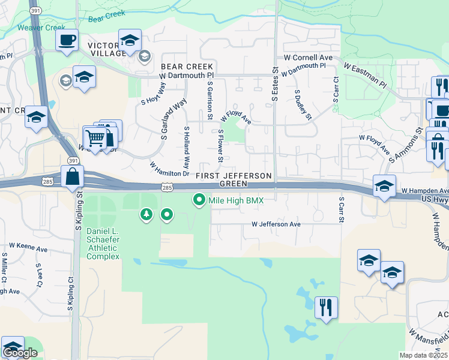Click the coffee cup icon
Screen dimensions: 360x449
point(67,40)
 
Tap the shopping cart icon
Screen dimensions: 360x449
point(94,138)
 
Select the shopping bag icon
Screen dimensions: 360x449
point(73,178)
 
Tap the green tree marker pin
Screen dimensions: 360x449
point(145,214)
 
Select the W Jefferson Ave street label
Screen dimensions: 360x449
point(276,224)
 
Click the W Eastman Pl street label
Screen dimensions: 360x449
point(364,71)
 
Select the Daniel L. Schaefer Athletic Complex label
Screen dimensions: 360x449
point(103,243)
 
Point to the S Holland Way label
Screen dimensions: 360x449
point(187,148)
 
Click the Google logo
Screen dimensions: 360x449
point(20,353)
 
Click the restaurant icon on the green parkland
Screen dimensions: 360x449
point(326,308)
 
